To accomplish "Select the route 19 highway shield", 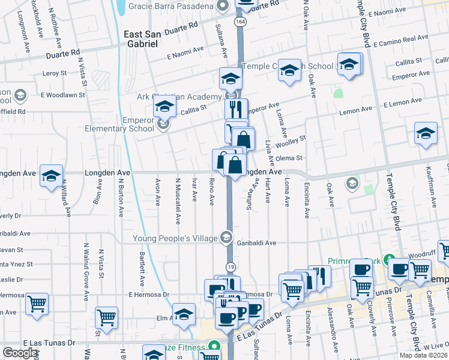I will coord(230,266).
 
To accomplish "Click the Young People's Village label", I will coord(179,239).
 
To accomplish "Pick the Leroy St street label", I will coord(55,73).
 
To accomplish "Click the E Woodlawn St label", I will coord(63,95).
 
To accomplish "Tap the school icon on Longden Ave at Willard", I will coord(52,175).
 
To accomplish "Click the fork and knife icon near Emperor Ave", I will coord(236,109).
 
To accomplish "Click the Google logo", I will coord(20,353).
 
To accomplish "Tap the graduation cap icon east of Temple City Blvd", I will coord(426,134).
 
